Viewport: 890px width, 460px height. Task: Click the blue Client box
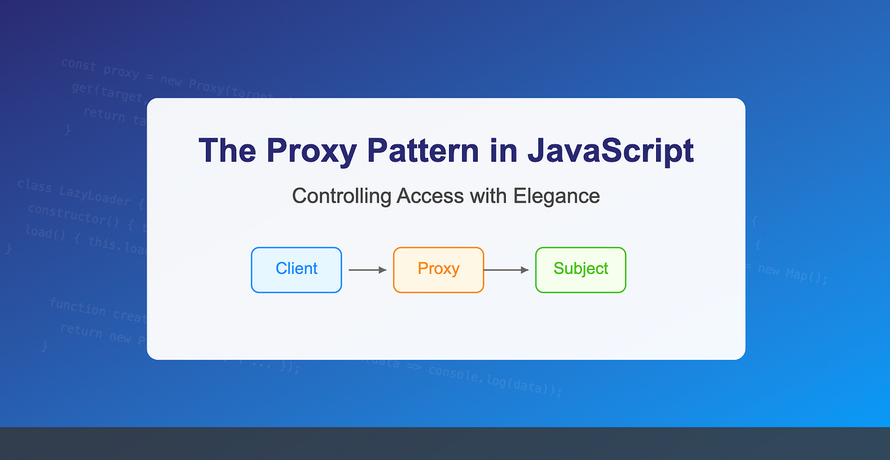[x=296, y=269]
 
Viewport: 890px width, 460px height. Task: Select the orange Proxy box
[x=438, y=269]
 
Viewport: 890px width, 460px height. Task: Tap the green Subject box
[x=581, y=269]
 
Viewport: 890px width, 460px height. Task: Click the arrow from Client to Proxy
[x=367, y=269]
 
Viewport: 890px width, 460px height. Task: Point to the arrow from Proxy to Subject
[x=506, y=269]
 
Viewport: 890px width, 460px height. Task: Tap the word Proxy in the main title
[x=311, y=151]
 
